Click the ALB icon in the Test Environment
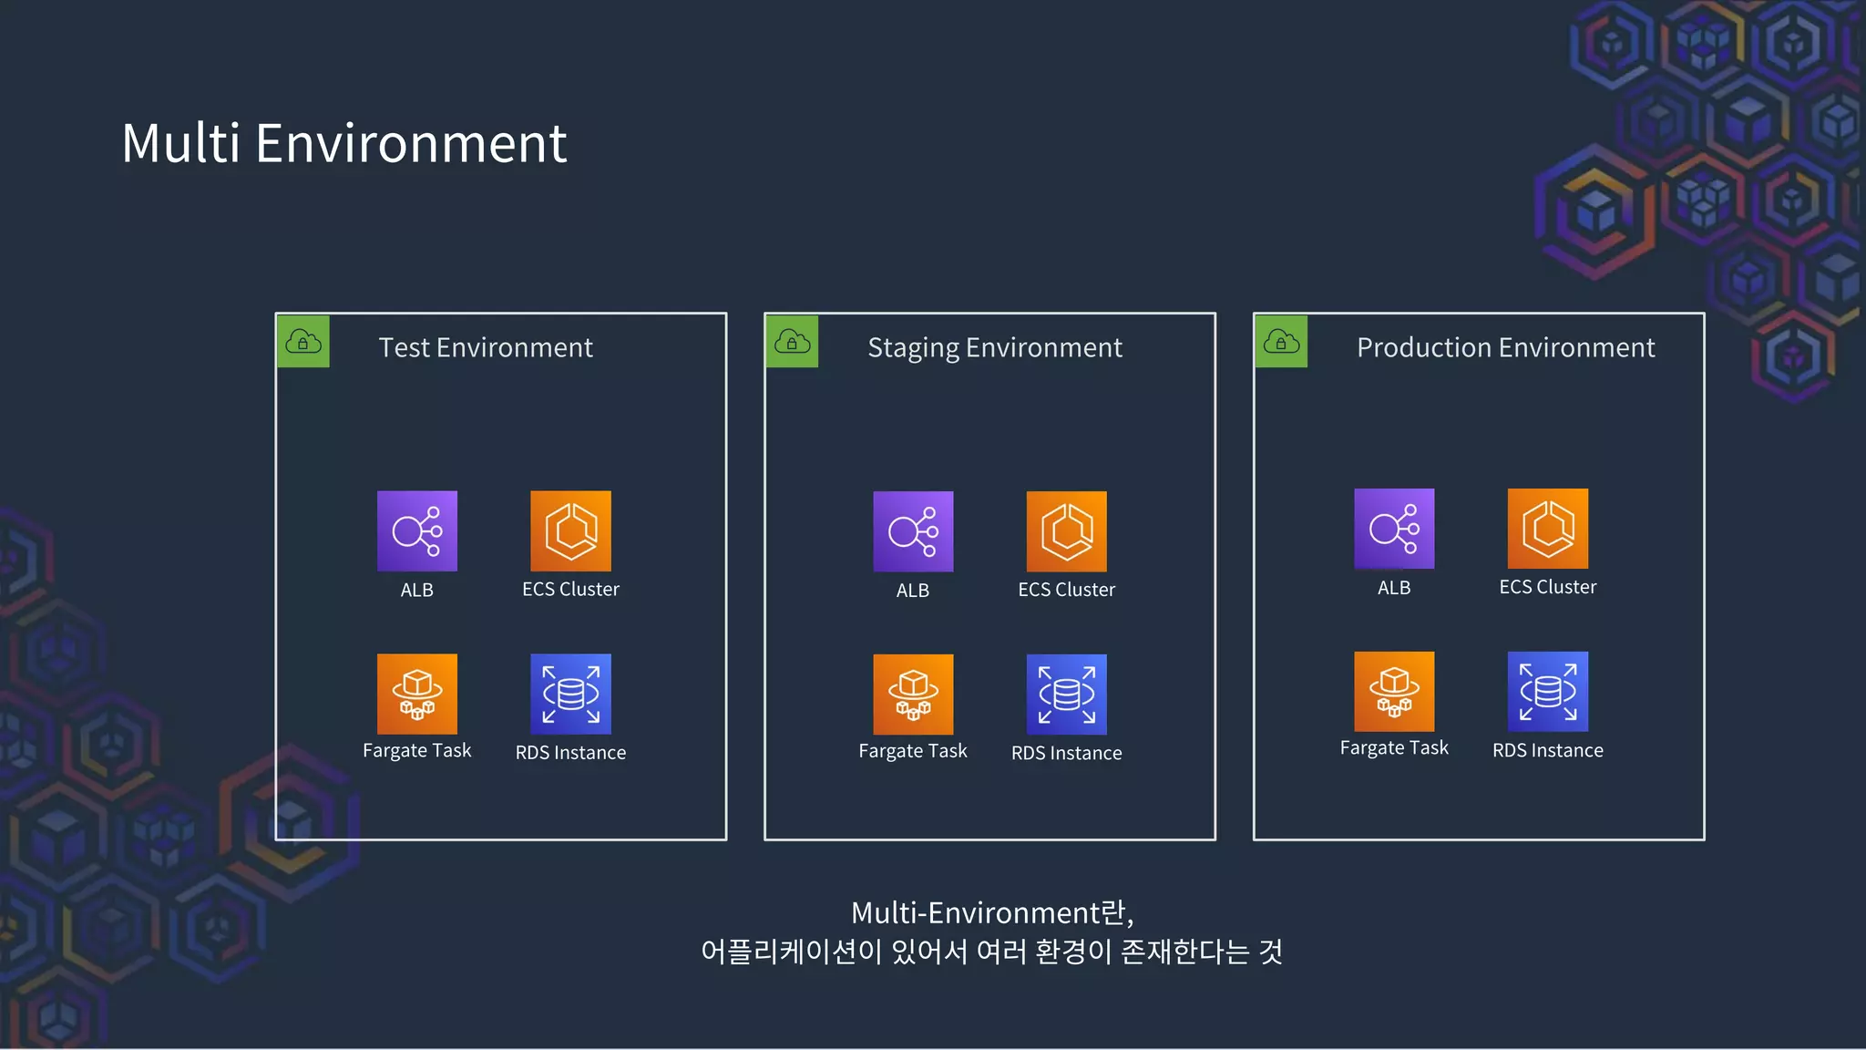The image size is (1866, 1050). click(x=417, y=531)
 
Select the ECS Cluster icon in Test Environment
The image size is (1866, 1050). click(x=570, y=531)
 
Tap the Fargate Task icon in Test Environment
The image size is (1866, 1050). click(x=417, y=694)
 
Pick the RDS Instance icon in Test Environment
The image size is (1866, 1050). click(x=570, y=694)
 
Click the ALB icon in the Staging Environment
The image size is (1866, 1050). click(x=913, y=531)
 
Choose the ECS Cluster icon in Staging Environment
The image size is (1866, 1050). click(x=1066, y=531)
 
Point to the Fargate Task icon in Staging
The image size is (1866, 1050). click(x=913, y=695)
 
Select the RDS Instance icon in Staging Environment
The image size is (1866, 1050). click(x=1066, y=695)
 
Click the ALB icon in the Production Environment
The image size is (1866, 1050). click(x=1394, y=529)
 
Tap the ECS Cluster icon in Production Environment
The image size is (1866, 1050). click(x=1547, y=529)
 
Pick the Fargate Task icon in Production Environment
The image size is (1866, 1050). click(x=1394, y=691)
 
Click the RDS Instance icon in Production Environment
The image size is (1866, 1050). click(x=1547, y=691)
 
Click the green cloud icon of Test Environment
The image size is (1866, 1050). click(x=303, y=342)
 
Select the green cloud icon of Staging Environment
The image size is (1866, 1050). click(x=792, y=342)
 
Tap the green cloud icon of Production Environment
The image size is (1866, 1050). click(x=1281, y=342)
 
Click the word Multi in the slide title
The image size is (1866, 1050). click(x=181, y=144)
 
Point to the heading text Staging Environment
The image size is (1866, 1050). click(x=994, y=348)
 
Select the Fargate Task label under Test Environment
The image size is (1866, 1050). click(x=416, y=751)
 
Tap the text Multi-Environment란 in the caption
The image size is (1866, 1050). click(x=991, y=912)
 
